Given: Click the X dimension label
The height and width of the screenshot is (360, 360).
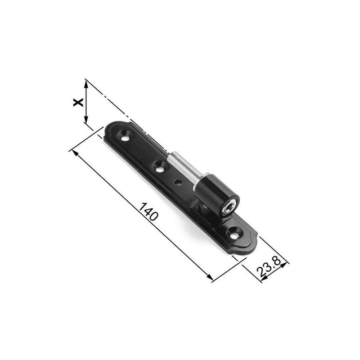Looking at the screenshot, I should pyautogui.click(x=78, y=102).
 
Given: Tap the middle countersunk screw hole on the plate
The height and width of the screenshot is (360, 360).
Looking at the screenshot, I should pyautogui.click(x=159, y=167).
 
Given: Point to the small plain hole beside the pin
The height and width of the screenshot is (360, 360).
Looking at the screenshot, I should pyautogui.click(x=179, y=182).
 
